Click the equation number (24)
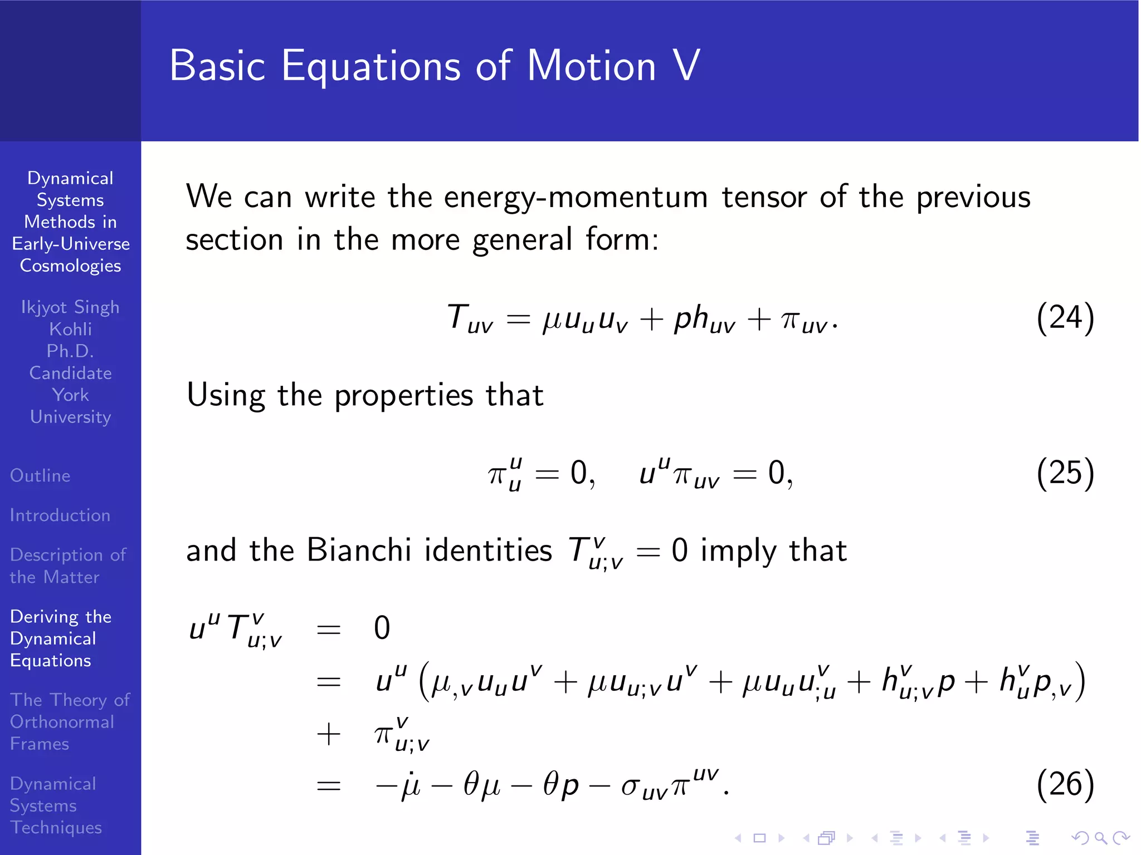(x=1065, y=318)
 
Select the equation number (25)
(x=1065, y=473)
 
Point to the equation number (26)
(x=1065, y=784)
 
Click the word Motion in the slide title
(x=591, y=66)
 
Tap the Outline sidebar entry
(x=40, y=475)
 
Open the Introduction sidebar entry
(x=60, y=515)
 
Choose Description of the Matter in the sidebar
(x=68, y=566)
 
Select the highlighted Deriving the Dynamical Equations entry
(x=61, y=638)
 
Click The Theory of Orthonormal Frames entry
(x=70, y=721)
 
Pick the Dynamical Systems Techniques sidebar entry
(x=56, y=805)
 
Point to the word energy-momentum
(x=576, y=198)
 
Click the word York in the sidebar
(x=71, y=395)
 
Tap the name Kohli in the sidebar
(x=71, y=329)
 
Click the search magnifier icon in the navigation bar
(x=1100, y=838)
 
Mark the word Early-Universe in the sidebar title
(x=71, y=244)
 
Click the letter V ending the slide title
(x=686, y=66)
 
